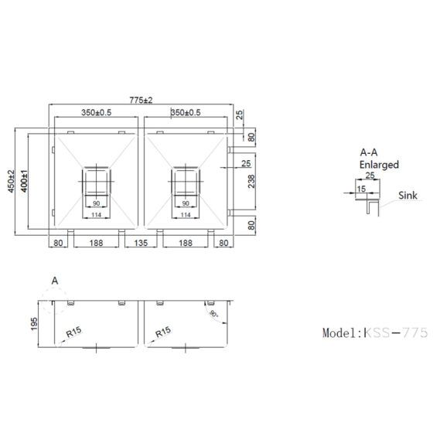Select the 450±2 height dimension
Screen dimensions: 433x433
[x=12, y=182]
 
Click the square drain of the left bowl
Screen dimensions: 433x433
[x=97, y=181]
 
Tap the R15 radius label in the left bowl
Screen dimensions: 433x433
[x=74, y=332]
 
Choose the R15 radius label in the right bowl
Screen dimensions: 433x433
[x=163, y=332]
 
